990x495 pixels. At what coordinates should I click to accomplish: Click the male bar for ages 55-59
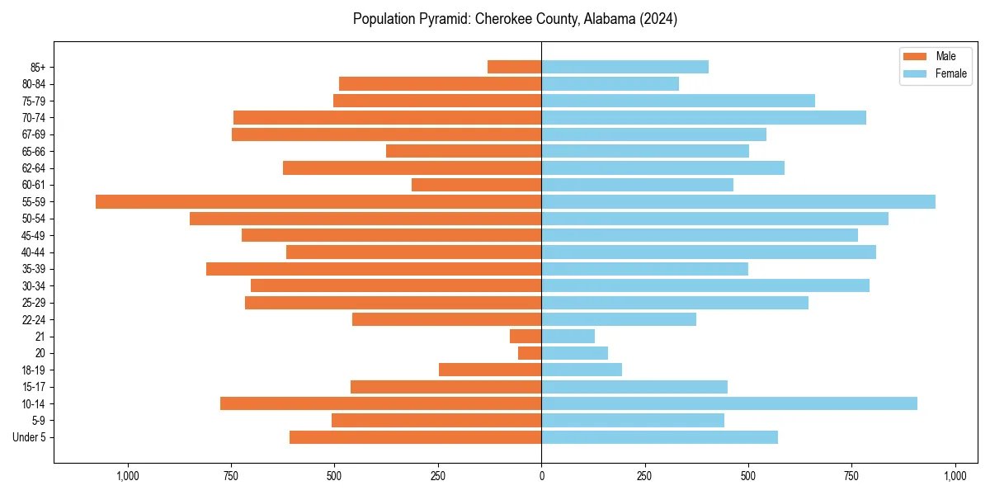(x=318, y=201)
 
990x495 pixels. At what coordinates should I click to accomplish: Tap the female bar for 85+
(x=625, y=67)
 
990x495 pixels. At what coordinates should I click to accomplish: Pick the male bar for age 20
(x=530, y=353)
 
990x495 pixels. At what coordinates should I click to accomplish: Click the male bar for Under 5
(x=415, y=437)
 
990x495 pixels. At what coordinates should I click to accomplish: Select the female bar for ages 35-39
(x=644, y=269)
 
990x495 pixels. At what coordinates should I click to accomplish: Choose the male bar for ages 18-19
(x=490, y=370)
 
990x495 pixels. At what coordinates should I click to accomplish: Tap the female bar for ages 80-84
(x=610, y=83)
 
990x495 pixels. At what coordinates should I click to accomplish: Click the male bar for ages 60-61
(x=476, y=185)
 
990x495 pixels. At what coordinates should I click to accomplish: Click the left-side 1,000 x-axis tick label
(x=128, y=476)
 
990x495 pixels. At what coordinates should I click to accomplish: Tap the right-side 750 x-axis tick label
(x=851, y=476)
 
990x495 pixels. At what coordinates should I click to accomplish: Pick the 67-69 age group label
(x=34, y=134)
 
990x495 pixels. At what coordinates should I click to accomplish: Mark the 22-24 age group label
(x=34, y=319)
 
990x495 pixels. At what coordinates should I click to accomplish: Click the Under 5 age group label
(x=30, y=437)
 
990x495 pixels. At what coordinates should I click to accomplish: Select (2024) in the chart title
(x=658, y=19)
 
